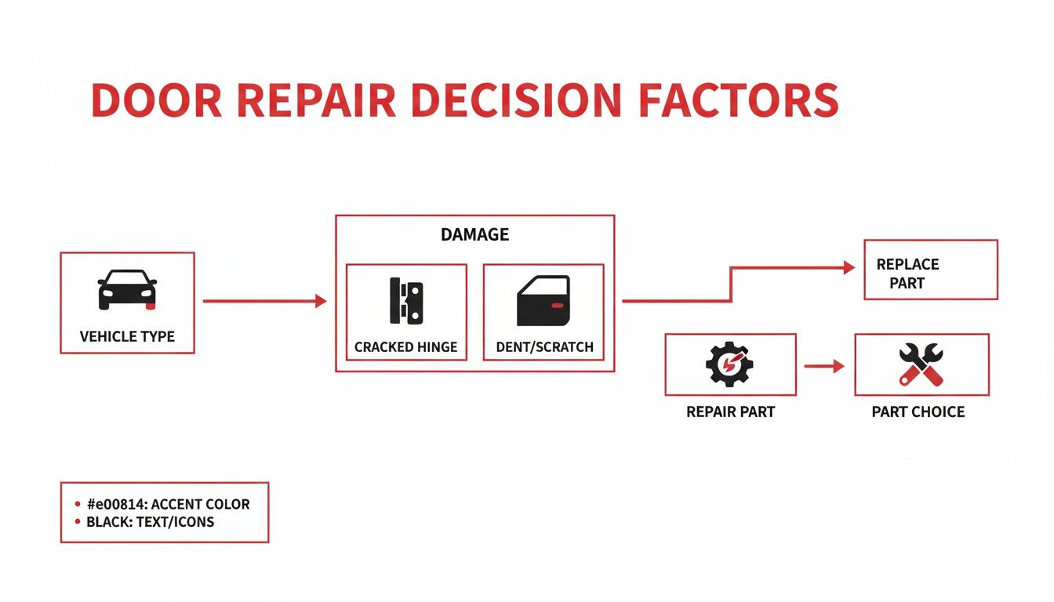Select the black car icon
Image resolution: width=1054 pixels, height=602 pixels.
coord(126,290)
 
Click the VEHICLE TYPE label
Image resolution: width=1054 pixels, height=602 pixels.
coord(127,337)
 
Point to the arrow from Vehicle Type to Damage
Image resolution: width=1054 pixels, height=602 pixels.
coord(264,301)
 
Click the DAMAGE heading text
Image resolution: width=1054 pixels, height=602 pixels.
coord(474,234)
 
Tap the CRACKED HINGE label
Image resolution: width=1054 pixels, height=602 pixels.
coord(405,347)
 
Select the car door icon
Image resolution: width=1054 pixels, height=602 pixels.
coord(543,301)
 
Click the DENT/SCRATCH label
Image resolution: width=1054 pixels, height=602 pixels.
coord(544,347)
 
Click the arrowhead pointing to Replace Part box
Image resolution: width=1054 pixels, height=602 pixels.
coord(849,268)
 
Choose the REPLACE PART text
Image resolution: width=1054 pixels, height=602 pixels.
coord(907,274)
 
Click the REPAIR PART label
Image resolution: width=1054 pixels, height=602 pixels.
coord(730,412)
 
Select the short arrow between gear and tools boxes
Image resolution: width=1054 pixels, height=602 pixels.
coord(824,366)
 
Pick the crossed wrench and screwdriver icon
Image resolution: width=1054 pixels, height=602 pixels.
coord(921,364)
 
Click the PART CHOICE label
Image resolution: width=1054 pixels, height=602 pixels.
coord(918,412)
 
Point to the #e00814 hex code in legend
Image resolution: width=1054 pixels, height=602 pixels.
coord(114,504)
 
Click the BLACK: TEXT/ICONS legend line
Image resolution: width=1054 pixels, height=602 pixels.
coord(150,521)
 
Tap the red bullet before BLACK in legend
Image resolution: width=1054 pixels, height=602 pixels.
coord(77,521)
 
